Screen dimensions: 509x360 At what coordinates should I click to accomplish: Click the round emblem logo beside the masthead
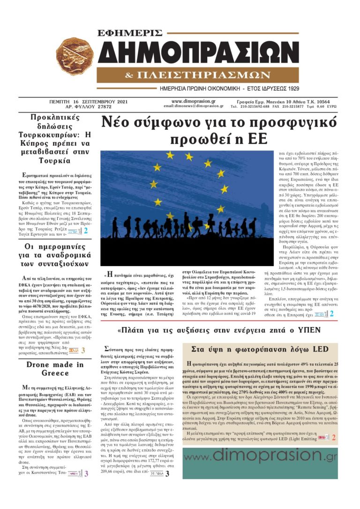[75, 55]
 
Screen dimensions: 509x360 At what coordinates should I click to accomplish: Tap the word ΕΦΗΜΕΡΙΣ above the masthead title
[130, 33]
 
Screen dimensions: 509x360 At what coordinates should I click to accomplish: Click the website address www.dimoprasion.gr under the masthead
[193, 101]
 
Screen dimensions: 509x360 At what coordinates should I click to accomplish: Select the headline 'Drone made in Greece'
[55, 369]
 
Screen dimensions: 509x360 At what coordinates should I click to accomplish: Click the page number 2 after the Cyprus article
[86, 231]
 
